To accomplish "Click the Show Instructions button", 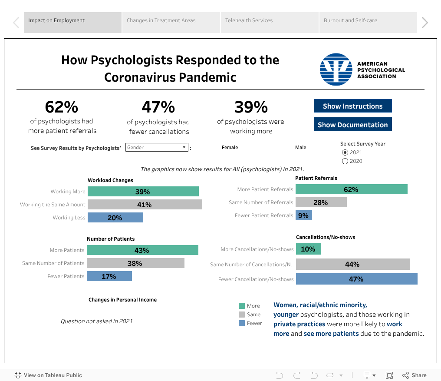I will pos(352,106).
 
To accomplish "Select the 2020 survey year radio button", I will pos(345,161).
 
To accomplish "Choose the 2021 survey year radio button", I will pos(345,152).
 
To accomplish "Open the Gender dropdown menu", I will pos(157,147).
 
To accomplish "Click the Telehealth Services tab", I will pos(270,20).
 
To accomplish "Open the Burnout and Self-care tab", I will pos(368,20).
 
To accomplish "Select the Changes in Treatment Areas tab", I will pos(171,20).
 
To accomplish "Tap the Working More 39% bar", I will pos(143,192).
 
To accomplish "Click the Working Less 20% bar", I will pos(115,218).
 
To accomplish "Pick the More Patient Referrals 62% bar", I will pos(351,189).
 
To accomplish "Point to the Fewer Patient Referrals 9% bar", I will pos(303,215).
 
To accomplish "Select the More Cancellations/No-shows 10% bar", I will pos(308,249).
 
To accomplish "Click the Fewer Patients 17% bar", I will pos(109,276).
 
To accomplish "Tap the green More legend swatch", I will pos(242,306).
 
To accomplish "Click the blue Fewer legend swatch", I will pos(242,323).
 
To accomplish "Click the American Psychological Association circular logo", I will pos(336,70).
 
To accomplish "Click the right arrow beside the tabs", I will pos(425,23).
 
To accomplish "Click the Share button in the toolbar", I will pos(415,375).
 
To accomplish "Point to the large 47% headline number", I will pos(158,107).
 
